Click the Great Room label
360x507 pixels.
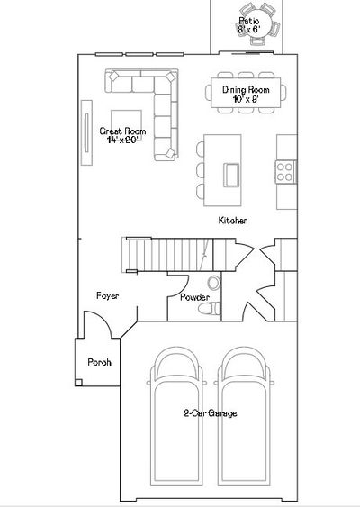pos(122,131)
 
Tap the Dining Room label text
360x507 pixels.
pos(246,89)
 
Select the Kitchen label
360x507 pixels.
pos(233,221)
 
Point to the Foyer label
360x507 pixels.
pos(108,296)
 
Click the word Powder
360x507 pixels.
pos(194,297)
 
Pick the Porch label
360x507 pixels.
pos(100,362)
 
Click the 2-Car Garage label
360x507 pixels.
pos(211,413)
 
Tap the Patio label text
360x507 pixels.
pos(248,21)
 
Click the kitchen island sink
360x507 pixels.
pos(231,175)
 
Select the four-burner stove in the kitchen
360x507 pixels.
pos(285,172)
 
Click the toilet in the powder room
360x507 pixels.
pos(209,309)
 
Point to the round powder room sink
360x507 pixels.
pos(213,283)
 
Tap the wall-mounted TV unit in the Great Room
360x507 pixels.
pos(86,132)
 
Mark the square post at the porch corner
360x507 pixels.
pos(78,383)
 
